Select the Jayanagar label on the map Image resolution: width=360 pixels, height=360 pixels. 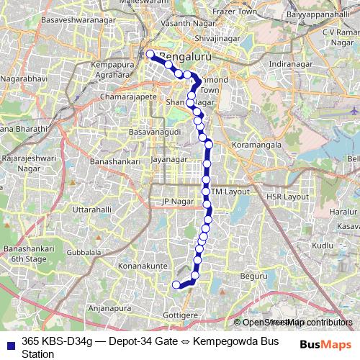click(170, 159)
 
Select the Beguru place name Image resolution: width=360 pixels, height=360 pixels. click(253, 275)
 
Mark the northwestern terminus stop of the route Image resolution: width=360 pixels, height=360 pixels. click(150, 54)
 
